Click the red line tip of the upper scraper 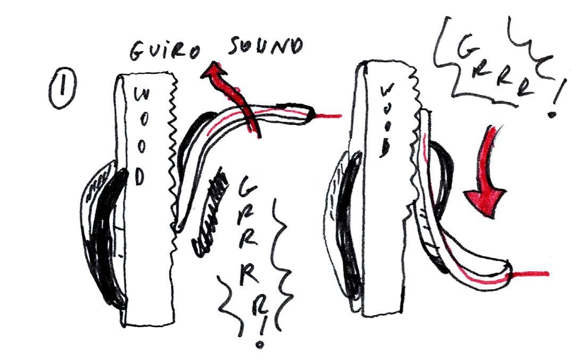(330, 114)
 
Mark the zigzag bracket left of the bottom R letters (227, 298)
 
